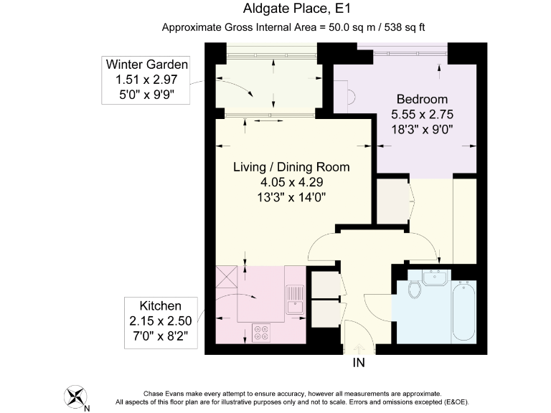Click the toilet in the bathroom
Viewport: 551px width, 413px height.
415,289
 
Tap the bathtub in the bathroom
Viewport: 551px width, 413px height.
464,310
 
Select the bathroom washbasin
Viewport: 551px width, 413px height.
436,277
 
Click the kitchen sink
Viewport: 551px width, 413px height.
295,300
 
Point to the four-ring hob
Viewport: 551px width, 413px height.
261,333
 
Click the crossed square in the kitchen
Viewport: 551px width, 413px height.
227,277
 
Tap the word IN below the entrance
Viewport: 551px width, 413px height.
359,362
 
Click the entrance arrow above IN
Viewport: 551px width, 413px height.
359,348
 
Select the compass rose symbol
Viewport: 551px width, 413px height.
75,397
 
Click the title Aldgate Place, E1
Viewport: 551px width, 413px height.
297,9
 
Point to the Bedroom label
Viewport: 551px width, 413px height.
422,99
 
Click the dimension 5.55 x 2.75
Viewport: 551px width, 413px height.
422,115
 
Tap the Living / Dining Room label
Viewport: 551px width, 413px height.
291,167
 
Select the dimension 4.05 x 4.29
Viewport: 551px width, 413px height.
292,182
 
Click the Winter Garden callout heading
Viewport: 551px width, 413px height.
147,65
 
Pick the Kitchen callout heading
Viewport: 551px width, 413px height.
161,306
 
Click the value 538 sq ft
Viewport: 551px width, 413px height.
405,27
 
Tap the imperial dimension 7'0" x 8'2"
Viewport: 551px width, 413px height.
160,336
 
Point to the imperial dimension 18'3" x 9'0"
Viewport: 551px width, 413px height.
422,130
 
